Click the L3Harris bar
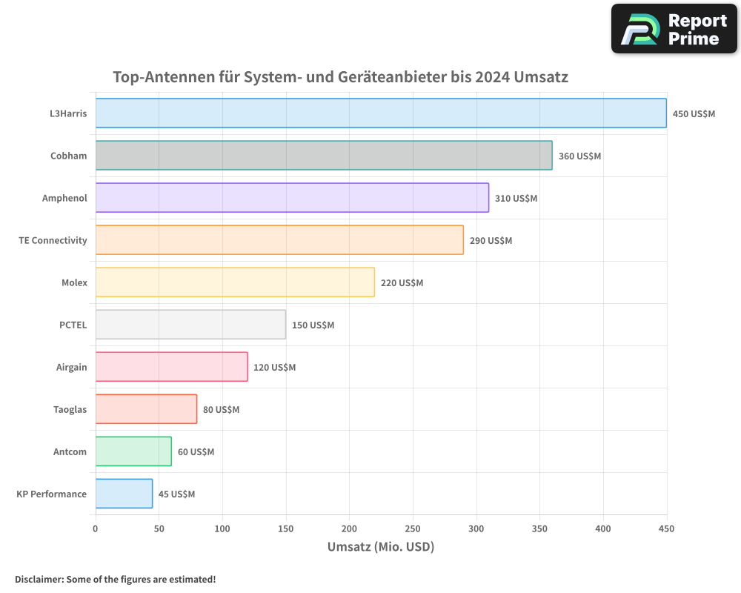point(381,113)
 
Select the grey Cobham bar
point(324,156)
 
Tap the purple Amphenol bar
point(292,198)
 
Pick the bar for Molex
point(235,282)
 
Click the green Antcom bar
point(133,451)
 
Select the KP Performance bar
point(124,494)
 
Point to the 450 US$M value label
point(694,114)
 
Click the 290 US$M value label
point(491,241)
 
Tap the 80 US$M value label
point(221,410)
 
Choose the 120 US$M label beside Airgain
point(275,368)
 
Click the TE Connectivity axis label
point(53,241)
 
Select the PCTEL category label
point(73,325)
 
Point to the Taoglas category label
point(70,410)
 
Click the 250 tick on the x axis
point(413,529)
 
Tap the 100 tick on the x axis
point(222,529)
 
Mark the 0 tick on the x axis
point(96,529)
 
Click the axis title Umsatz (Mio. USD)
point(381,547)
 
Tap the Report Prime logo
point(674,29)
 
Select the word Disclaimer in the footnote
point(39,580)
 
